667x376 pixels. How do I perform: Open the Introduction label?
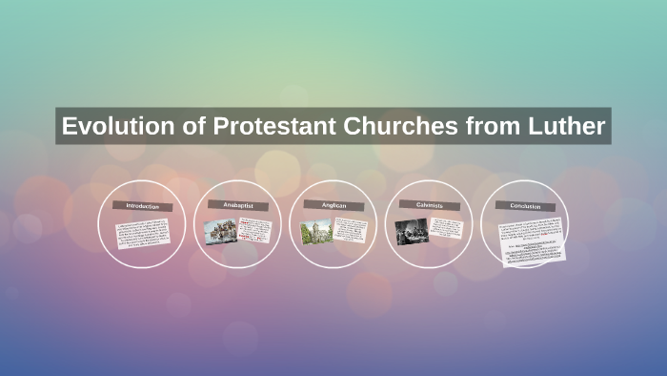(x=141, y=206)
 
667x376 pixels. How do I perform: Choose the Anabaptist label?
(x=236, y=205)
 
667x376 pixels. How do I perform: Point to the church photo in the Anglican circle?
(x=316, y=232)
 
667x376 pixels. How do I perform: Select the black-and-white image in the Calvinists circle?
(x=412, y=232)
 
